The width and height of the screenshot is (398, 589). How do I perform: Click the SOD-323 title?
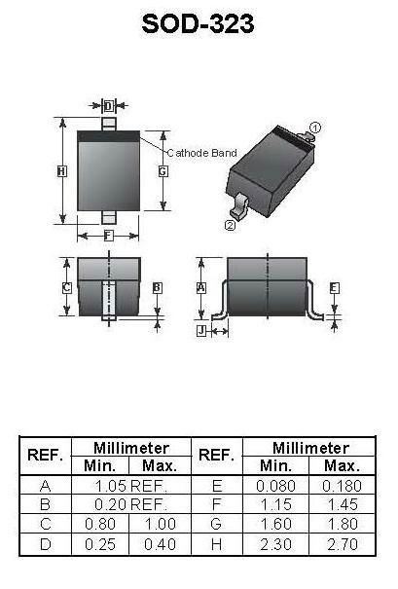click(198, 23)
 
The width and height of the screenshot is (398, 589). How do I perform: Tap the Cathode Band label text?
click(201, 153)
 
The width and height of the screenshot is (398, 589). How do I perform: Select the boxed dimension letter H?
click(62, 171)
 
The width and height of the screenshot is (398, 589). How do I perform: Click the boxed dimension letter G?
click(163, 171)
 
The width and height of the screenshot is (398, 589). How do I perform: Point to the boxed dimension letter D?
click(109, 106)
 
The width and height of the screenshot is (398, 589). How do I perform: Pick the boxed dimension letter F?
click(108, 236)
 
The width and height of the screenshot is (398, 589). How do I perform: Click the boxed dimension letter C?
click(67, 288)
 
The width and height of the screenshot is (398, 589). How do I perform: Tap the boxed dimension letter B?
click(158, 288)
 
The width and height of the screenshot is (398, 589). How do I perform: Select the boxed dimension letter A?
click(201, 288)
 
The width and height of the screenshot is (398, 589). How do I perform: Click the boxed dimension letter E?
click(334, 288)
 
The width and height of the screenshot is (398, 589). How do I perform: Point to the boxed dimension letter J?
click(201, 331)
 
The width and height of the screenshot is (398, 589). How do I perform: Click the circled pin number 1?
click(316, 128)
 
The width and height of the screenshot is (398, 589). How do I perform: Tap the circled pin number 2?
click(230, 226)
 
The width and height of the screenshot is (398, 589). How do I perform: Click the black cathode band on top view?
click(109, 136)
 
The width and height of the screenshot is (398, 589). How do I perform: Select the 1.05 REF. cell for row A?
click(130, 486)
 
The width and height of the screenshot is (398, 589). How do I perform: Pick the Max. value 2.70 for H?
click(343, 544)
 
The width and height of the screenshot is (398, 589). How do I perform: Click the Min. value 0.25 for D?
click(100, 544)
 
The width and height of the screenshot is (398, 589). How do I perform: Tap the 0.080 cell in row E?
click(275, 486)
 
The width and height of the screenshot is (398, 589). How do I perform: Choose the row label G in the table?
click(216, 524)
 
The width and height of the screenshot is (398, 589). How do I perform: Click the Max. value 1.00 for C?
click(161, 524)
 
